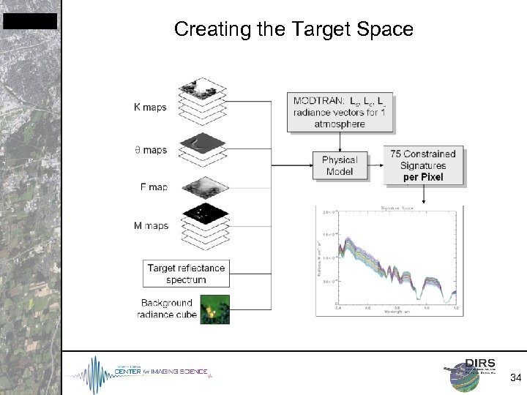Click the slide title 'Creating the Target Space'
tap(294, 29)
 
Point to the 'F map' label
tap(154, 187)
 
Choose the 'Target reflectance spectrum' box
tap(187, 274)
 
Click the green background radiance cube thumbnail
tap(215, 309)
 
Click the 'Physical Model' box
tap(340, 165)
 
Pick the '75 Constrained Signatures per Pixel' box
tap(423, 165)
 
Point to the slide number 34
tap(515, 377)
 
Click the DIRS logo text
tap(482, 364)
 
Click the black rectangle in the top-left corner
tap(29, 21)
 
